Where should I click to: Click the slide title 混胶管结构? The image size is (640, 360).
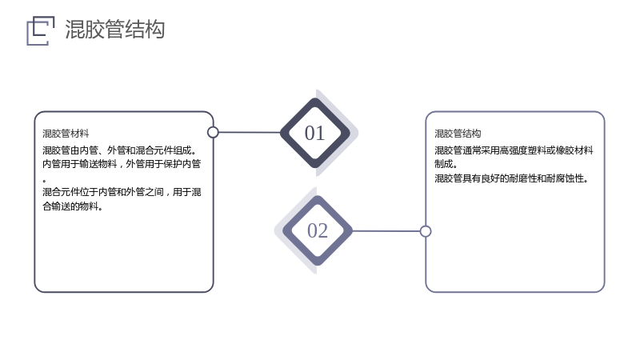(x=114, y=30)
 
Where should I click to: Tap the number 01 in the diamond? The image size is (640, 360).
(x=314, y=133)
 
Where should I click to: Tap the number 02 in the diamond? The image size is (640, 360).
(x=318, y=230)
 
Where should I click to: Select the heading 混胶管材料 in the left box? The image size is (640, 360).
(x=66, y=134)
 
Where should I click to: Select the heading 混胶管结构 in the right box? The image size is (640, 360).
(x=458, y=134)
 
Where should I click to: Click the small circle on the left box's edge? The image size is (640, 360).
(x=213, y=132)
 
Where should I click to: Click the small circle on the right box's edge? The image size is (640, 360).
(x=426, y=231)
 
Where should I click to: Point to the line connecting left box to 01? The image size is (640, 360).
(x=250, y=132)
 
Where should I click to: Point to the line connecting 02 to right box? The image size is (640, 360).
(x=386, y=231)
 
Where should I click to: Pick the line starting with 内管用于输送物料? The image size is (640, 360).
(x=122, y=164)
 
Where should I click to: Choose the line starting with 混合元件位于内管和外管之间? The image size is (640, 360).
(x=122, y=192)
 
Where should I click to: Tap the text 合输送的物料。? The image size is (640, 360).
(x=73, y=206)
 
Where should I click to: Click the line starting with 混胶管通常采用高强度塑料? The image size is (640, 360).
(x=514, y=150)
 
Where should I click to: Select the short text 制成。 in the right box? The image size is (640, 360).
(x=446, y=164)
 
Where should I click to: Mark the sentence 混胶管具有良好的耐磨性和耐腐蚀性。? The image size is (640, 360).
(x=511, y=178)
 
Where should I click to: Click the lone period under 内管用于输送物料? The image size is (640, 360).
(x=44, y=181)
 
